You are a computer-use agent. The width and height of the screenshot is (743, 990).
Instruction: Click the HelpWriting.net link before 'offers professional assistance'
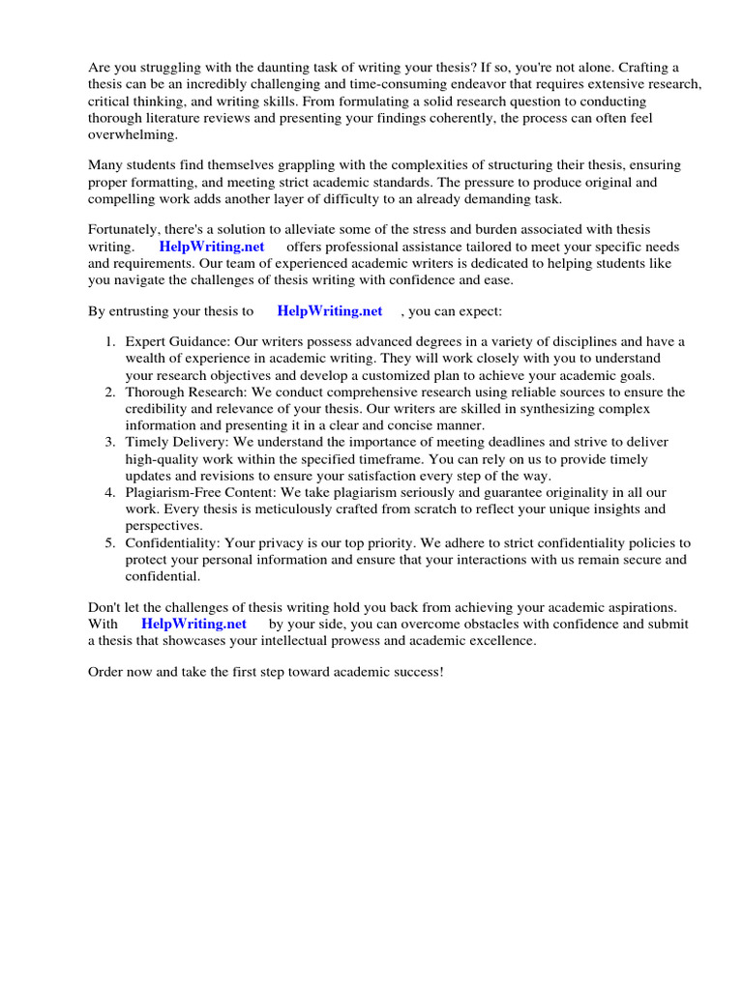[212, 247]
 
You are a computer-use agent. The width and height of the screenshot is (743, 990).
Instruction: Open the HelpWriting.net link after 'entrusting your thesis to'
[329, 311]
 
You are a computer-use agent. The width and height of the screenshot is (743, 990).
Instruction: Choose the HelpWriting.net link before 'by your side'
[193, 625]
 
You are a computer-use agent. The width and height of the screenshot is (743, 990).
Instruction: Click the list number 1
[110, 341]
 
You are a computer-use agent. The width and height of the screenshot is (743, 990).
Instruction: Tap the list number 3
[110, 442]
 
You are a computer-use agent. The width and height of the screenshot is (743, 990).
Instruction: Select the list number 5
[110, 542]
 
